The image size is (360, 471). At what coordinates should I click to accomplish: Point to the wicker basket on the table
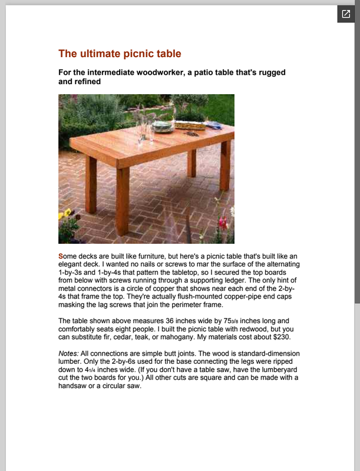[190, 125]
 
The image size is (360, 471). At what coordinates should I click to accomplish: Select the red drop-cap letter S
[61, 256]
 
